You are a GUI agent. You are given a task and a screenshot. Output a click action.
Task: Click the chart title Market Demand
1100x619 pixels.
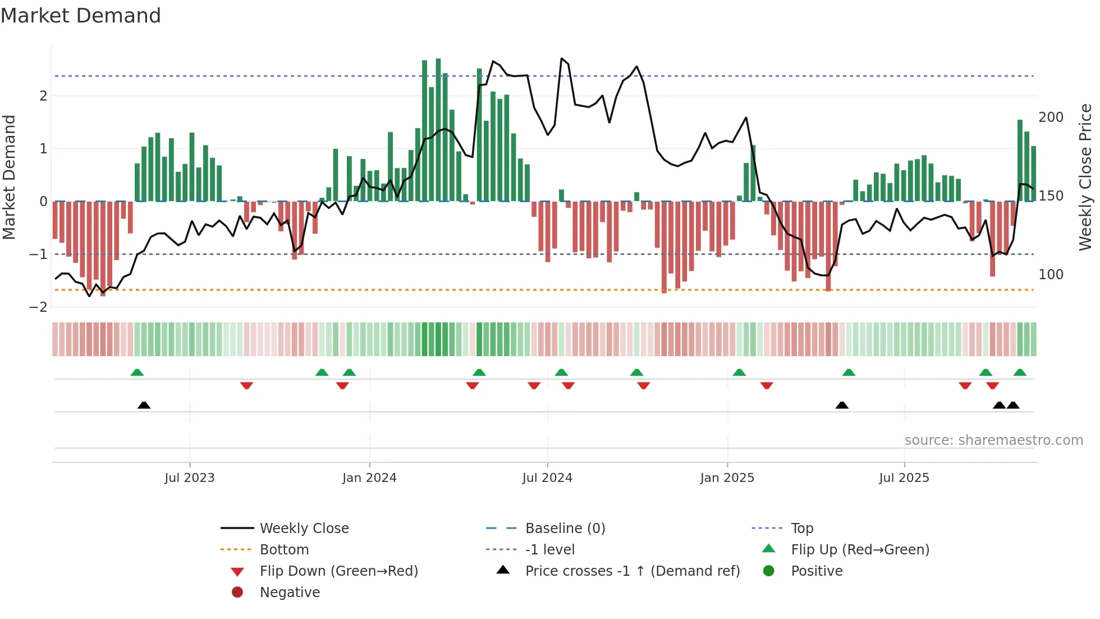point(81,16)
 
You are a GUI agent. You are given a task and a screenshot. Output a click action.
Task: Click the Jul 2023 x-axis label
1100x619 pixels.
point(189,478)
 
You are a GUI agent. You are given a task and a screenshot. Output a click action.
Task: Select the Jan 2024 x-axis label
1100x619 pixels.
point(369,478)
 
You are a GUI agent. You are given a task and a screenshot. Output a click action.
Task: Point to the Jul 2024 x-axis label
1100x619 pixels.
point(547,478)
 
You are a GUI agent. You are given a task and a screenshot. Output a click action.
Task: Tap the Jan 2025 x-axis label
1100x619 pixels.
point(727,478)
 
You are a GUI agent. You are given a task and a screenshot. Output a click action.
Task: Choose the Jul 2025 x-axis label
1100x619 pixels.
point(904,478)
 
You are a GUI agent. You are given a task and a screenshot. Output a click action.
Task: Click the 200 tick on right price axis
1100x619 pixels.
point(1051,117)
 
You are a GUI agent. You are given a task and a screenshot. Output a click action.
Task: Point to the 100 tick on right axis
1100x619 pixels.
point(1051,275)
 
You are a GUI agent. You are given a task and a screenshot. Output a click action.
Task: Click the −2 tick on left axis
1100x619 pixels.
point(38,307)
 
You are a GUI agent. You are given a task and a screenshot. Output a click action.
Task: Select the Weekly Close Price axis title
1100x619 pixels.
point(1085,177)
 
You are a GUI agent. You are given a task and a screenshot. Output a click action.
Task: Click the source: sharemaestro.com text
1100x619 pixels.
point(993,440)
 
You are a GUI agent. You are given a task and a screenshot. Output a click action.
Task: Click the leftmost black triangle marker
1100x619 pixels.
point(144,405)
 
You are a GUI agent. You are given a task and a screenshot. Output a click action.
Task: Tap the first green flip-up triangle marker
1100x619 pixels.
point(137,372)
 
